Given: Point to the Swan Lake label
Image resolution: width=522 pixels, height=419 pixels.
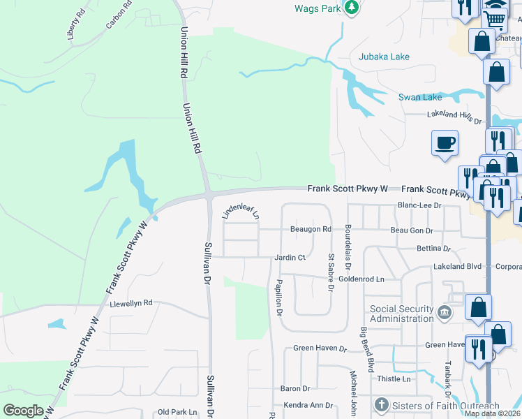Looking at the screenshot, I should pyautogui.click(x=420, y=98).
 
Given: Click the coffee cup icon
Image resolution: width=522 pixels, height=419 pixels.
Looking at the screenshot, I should pyautogui.click(x=445, y=143).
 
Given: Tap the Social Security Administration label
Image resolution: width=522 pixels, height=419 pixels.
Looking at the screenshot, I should pyautogui.click(x=401, y=314).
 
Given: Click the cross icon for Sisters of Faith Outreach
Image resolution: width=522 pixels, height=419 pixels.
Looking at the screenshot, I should pyautogui.click(x=381, y=404).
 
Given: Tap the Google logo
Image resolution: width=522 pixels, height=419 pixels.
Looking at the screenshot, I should pyautogui.click(x=24, y=411).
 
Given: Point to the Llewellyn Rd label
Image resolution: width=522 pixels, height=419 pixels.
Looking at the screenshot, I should pyautogui.click(x=130, y=304).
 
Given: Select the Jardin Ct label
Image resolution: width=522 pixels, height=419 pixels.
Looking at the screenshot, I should pyautogui.click(x=290, y=257).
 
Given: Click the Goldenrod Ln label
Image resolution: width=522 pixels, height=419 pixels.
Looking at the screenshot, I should pyautogui.click(x=361, y=279).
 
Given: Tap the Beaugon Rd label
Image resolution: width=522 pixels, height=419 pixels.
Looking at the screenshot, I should pyautogui.click(x=311, y=229).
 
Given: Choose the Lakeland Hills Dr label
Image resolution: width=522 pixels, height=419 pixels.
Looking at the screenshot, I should pyautogui.click(x=454, y=115).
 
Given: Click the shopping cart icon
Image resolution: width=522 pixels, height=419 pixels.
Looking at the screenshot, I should pyautogui.click(x=494, y=20).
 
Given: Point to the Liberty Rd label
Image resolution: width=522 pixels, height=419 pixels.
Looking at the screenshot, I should pyautogui.click(x=76, y=25).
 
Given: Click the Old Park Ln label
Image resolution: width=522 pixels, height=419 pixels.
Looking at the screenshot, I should pyautogui.click(x=178, y=412).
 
